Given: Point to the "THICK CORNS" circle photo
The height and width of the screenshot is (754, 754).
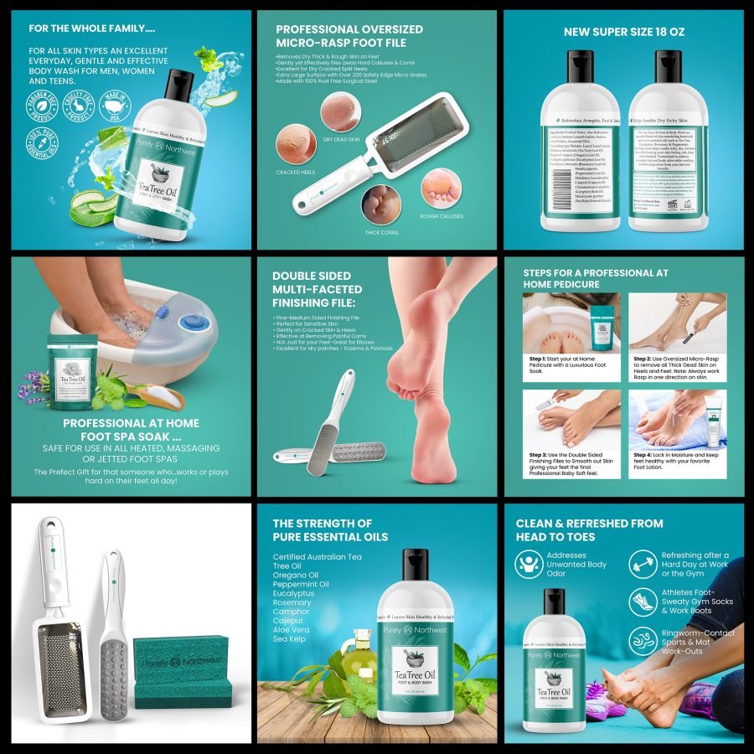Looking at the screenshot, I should (x=379, y=204).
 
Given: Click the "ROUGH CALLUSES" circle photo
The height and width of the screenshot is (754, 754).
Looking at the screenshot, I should (x=442, y=188).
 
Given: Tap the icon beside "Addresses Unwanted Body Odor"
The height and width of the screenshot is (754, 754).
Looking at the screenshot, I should (x=529, y=564).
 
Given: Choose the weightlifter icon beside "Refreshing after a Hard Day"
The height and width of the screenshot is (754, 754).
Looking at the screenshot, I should (x=643, y=564).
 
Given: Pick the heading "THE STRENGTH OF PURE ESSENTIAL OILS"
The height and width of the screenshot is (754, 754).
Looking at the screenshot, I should (x=330, y=529).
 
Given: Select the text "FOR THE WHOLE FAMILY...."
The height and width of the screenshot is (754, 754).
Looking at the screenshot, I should (x=92, y=28).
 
